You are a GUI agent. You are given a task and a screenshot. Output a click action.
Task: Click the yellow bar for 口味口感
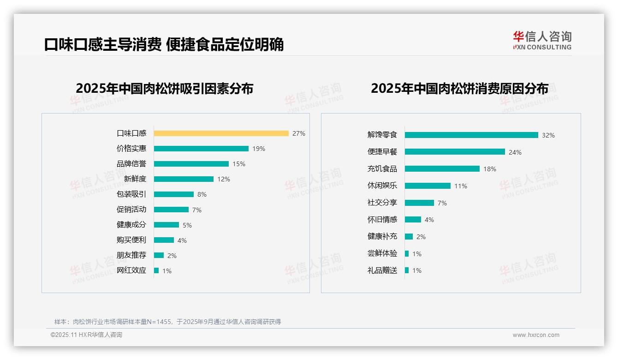[221, 133]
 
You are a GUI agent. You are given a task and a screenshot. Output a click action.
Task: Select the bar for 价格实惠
[201, 149]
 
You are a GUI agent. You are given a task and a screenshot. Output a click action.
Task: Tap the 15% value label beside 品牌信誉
[239, 164]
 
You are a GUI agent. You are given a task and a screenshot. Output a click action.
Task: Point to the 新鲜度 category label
[135, 179]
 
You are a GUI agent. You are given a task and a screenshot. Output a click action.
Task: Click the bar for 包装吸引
[174, 194]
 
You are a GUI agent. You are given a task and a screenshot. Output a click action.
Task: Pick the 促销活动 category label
[131, 209]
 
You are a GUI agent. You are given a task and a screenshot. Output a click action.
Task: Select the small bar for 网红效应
[156, 270]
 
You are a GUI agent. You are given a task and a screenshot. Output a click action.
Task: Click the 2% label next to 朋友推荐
[172, 256]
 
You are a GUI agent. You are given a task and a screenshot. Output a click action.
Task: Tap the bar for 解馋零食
[471, 135]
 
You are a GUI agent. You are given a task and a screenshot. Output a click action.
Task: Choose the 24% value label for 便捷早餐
[515, 152]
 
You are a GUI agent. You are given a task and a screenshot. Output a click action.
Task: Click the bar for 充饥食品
[442, 169]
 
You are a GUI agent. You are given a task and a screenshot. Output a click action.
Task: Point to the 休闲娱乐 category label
[382, 186]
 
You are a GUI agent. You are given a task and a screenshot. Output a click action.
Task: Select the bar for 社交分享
[419, 203]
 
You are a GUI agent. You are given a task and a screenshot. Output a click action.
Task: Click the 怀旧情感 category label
[382, 219]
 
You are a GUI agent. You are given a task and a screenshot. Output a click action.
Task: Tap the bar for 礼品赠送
[407, 270]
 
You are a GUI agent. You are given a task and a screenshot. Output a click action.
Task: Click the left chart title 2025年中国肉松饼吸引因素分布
[164, 88]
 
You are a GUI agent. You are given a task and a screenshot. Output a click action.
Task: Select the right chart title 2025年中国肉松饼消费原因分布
[459, 88]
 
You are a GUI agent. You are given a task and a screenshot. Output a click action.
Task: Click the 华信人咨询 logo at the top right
[542, 41]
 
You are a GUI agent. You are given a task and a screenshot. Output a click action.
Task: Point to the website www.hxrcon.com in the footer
[536, 335]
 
